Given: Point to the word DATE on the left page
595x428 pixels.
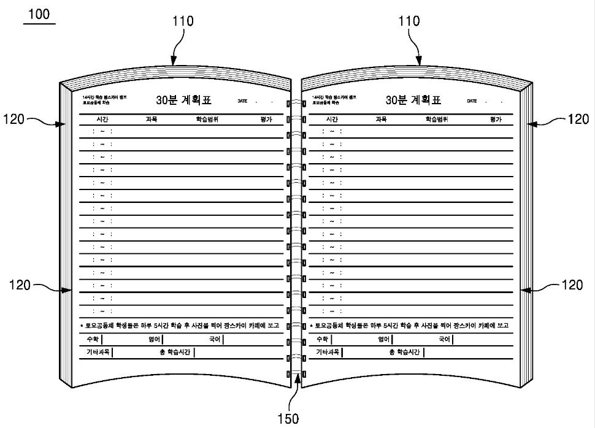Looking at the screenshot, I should pyautogui.click(x=244, y=101).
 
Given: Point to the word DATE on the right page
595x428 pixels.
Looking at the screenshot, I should pyautogui.click(x=472, y=101).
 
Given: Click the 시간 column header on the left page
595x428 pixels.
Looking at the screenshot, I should pyautogui.click(x=102, y=119).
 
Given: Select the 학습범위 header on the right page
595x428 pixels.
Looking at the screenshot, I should pyautogui.click(x=437, y=119).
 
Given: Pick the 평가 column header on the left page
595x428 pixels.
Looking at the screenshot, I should pyautogui.click(x=266, y=119).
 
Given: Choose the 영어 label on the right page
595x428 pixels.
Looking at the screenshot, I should pyautogui.click(x=384, y=339).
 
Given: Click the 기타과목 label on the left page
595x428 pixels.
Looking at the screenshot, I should pyautogui.click(x=98, y=352).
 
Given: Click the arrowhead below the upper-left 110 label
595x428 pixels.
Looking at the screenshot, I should pyautogui.click(x=174, y=61).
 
